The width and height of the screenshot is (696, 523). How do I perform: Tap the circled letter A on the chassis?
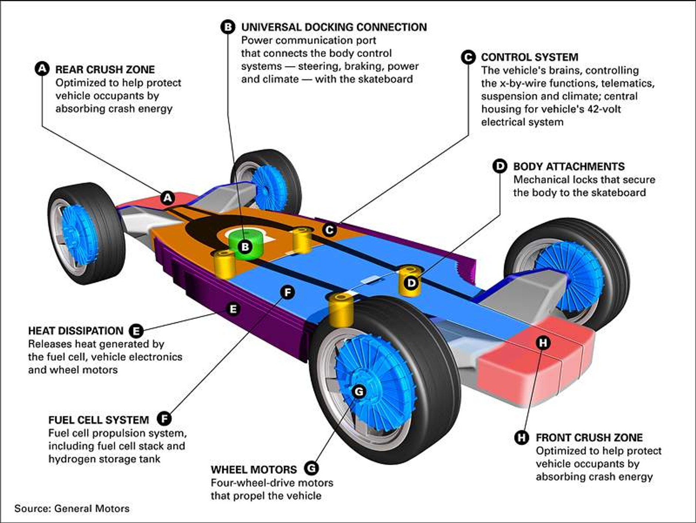[168, 198]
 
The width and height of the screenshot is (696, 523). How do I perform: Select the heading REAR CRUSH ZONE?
[105, 70]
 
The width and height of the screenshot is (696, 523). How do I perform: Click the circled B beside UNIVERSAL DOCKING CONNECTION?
[228, 27]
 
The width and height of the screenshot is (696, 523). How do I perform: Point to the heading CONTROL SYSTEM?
[529, 57]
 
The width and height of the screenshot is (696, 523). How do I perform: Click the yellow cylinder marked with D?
[410, 282]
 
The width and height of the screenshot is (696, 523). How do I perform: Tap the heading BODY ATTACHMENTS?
[569, 166]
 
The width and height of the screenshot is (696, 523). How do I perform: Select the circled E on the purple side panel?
[233, 309]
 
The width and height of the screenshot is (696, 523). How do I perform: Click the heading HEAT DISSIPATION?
[76, 331]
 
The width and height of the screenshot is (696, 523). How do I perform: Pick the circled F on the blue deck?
[288, 292]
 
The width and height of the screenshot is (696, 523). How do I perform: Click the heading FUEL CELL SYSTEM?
[98, 420]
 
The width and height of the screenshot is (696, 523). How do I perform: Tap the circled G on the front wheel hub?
[359, 391]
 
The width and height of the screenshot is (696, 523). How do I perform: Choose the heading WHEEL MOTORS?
[254, 469]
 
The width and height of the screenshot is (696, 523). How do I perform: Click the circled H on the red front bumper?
[543, 343]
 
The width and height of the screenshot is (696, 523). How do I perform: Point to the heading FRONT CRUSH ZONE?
[589, 437]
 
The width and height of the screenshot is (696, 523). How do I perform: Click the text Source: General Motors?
[72, 508]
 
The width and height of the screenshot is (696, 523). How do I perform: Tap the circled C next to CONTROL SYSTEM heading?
[468, 57]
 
